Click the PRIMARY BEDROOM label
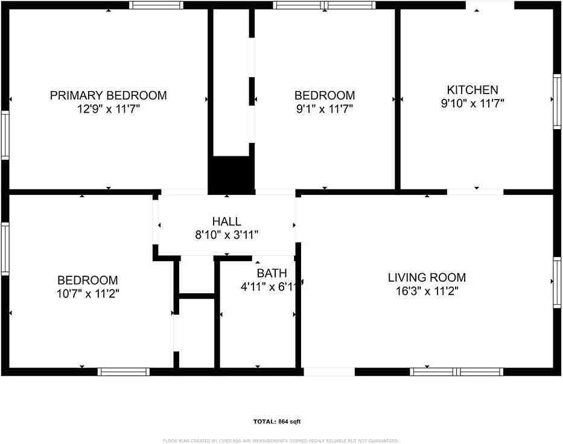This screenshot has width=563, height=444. pos(108,95)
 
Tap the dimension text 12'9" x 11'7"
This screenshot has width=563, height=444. pos(108,109)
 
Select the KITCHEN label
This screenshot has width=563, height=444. pos(472,90)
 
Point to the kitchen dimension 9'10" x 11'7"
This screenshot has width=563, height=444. pos(472,103)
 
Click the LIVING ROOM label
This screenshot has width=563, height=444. pos(427,277)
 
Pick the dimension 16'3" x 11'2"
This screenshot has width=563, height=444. pos(427,291)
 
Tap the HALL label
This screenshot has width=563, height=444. pos(226,221)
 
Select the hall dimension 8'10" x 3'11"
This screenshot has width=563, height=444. pos(226,235)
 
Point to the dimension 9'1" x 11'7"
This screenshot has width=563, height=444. pos(324,109)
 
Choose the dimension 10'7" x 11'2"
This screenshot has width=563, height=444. pos(87,294)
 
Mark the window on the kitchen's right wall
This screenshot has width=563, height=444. pos(557,101)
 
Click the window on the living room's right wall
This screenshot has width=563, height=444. pos(557,282)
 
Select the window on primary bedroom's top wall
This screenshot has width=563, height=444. pos(157,5)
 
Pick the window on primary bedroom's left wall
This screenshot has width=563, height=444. pos(5,135)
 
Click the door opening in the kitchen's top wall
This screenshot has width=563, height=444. pos(490,5)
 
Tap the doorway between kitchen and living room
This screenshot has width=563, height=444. pos(476,192)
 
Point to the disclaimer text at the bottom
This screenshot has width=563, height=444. pos(281,440)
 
